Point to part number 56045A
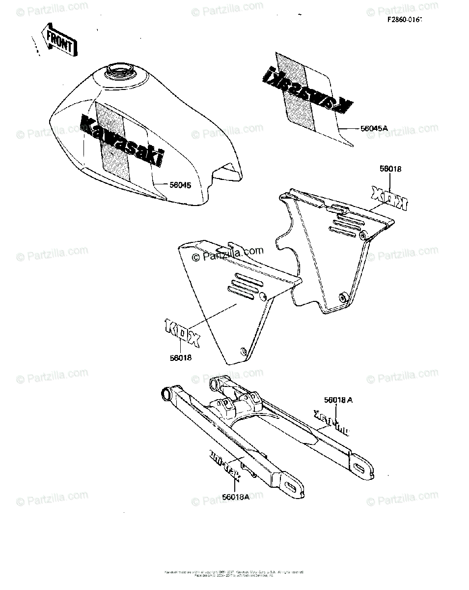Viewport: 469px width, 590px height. (x=374, y=128)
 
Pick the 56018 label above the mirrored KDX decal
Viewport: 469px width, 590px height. (x=390, y=169)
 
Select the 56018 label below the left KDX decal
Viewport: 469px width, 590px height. (x=181, y=358)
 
